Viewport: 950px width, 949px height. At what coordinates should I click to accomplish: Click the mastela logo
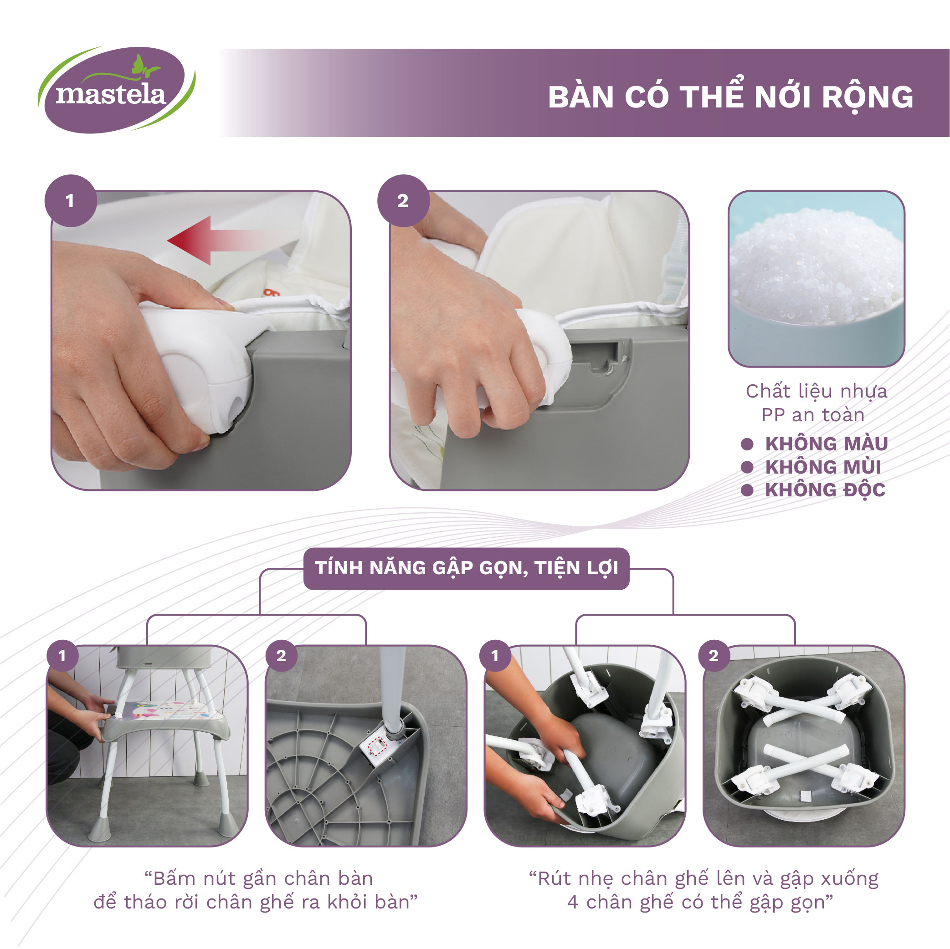[117, 90]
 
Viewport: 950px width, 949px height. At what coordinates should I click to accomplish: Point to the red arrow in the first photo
[219, 240]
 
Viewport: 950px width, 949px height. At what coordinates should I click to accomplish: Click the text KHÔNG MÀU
[827, 444]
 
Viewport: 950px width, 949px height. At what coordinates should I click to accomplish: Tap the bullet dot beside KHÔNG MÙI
[747, 467]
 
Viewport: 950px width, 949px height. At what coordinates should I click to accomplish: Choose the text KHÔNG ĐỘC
[825, 490]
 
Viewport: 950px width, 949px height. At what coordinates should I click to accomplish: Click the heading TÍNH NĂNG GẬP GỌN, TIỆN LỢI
[466, 568]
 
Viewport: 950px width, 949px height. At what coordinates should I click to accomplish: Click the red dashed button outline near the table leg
[378, 747]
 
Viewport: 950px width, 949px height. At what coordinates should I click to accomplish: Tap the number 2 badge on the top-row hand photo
[403, 200]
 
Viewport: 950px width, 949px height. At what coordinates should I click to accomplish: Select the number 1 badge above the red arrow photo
[70, 200]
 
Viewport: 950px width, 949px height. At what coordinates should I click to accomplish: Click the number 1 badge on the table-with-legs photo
[62, 656]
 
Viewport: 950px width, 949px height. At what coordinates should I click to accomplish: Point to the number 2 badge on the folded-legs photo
[714, 656]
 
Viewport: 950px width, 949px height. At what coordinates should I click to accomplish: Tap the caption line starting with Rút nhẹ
[704, 879]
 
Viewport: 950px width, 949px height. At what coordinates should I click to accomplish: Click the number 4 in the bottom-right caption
[572, 902]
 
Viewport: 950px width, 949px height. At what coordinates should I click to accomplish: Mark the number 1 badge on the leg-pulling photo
[495, 656]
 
